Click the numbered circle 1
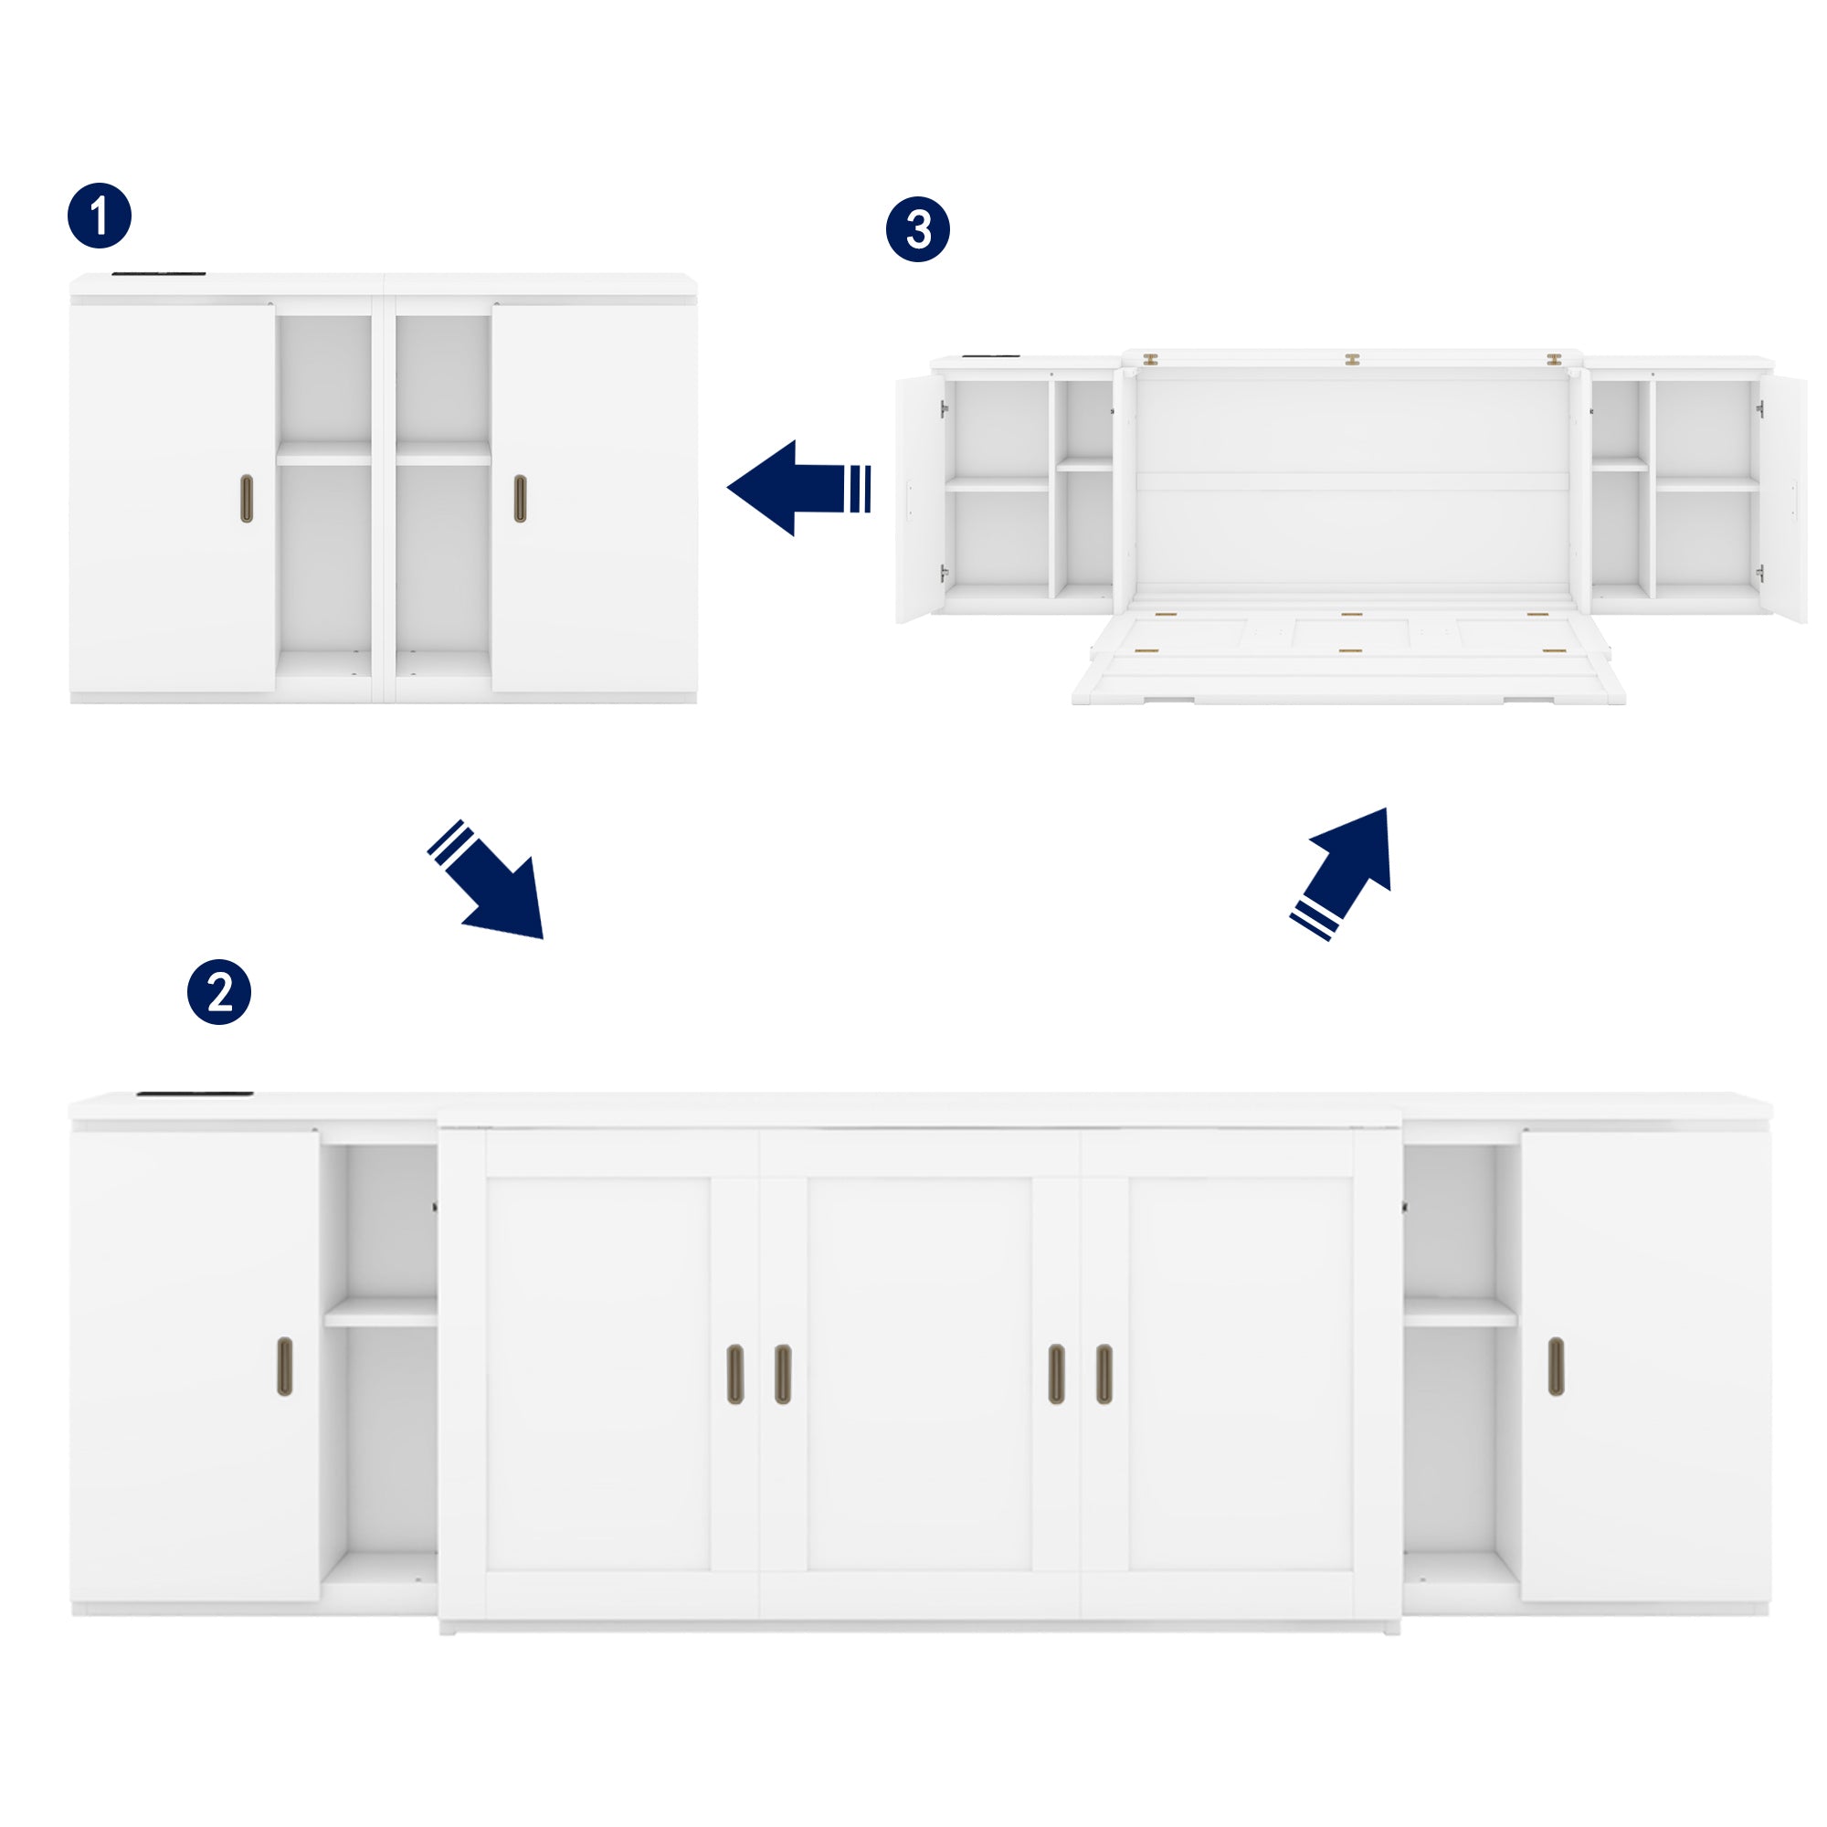(x=100, y=216)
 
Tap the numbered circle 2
(x=219, y=992)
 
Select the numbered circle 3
(x=917, y=229)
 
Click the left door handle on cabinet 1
(x=247, y=499)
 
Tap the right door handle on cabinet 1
(x=520, y=499)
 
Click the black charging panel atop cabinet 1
(x=159, y=275)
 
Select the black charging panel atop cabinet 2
(x=195, y=1094)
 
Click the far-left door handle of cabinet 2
(x=285, y=1367)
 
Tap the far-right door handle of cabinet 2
(x=1556, y=1367)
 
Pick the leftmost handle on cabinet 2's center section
(x=735, y=1373)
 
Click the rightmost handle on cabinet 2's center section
(x=1104, y=1373)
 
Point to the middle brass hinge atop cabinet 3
(x=1352, y=360)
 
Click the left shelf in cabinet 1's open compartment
(x=323, y=456)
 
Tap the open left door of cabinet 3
(x=917, y=499)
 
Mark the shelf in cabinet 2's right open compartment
(x=1460, y=1313)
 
